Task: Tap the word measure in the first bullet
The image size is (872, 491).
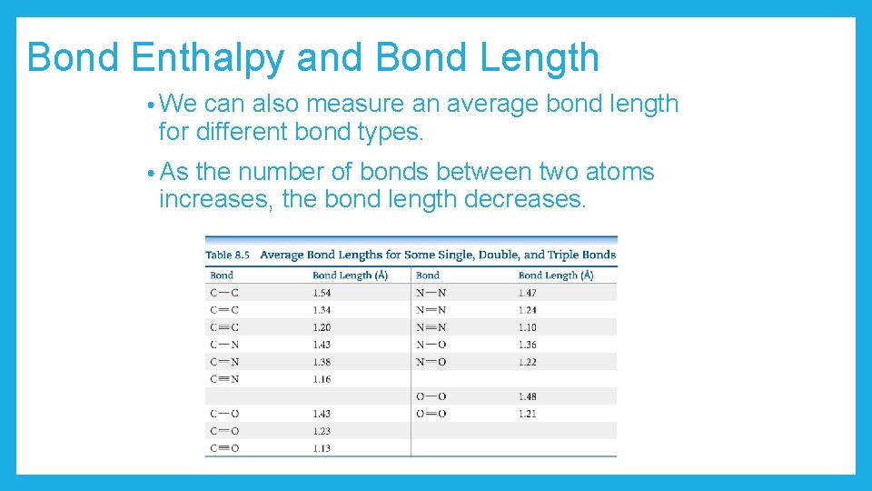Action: tap(357, 104)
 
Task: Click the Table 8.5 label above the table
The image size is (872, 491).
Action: tap(228, 255)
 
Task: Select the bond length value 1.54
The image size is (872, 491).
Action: tap(322, 293)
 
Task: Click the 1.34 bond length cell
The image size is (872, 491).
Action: tap(322, 310)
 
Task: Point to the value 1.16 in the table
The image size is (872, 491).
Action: tap(322, 379)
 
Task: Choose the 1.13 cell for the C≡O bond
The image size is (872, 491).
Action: tap(322, 448)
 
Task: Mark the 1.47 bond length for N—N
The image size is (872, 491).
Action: tap(528, 293)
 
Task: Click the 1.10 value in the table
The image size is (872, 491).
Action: tap(528, 327)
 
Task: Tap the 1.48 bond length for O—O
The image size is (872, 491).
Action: tap(528, 396)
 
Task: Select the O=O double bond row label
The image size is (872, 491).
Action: tap(431, 414)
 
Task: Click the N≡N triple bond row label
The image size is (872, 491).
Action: tap(431, 327)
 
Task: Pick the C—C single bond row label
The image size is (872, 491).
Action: tap(224, 293)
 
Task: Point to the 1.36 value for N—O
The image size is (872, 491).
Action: tap(528, 345)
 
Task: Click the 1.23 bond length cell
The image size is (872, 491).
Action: tap(322, 431)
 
